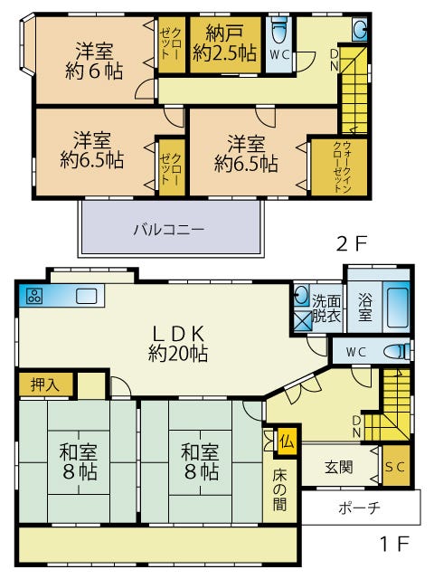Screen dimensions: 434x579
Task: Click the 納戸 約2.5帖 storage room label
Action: [x=224, y=43]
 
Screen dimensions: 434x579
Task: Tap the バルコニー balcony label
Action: [x=169, y=230]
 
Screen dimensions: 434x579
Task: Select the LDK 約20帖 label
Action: [x=178, y=344]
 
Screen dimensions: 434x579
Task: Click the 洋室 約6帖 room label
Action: [x=94, y=61]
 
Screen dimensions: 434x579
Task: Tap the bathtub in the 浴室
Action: [x=397, y=308]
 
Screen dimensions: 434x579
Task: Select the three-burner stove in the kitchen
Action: [x=34, y=296]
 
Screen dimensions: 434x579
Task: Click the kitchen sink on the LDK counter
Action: [x=87, y=296]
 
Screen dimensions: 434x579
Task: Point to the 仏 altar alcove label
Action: [x=288, y=441]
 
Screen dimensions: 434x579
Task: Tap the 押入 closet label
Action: [x=44, y=384]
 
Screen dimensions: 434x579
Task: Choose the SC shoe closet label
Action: [x=395, y=467]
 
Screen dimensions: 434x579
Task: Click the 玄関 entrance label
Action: [x=339, y=467]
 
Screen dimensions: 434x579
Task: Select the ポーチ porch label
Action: [x=359, y=508]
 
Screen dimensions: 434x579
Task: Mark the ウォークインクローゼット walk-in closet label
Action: [x=342, y=166]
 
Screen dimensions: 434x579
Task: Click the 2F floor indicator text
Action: [x=352, y=243]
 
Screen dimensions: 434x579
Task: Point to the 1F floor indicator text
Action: [x=394, y=543]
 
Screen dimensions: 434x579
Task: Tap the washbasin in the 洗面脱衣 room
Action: [x=301, y=296]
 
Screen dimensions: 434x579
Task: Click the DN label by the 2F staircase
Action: [x=334, y=60]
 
